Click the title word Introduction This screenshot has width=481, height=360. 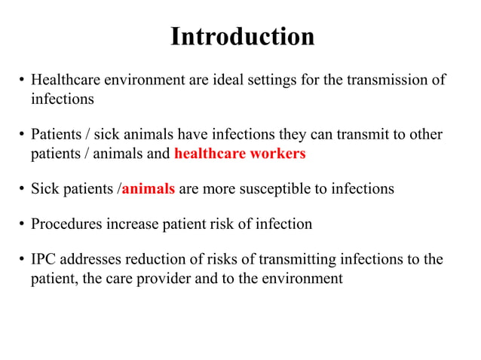pyautogui.click(x=241, y=36)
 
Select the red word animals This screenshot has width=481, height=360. pyautogui.click(x=149, y=189)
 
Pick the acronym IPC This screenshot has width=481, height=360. pyautogui.click(x=44, y=259)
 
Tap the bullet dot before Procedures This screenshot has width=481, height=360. pyautogui.click(x=23, y=224)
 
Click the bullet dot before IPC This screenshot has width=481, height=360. pyautogui.click(x=23, y=260)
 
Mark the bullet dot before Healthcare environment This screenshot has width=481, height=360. pyautogui.click(x=23, y=81)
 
